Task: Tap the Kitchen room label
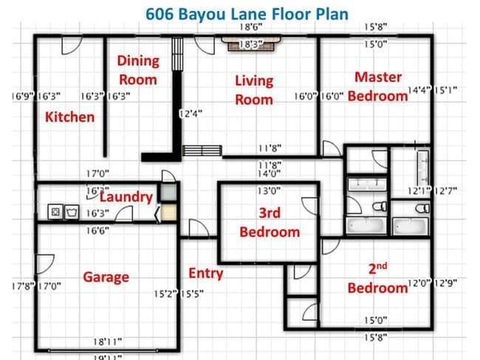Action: click(x=69, y=117)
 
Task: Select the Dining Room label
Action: click(x=138, y=70)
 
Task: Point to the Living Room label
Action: click(x=254, y=90)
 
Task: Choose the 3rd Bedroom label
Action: click(x=270, y=222)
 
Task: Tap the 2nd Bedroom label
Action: click(x=377, y=278)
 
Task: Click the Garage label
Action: click(x=106, y=277)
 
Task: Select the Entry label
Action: click(x=205, y=274)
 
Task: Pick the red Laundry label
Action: click(x=126, y=197)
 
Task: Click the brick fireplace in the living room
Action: click(x=253, y=45)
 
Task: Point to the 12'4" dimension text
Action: click(x=191, y=114)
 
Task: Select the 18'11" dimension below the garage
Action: click(x=108, y=342)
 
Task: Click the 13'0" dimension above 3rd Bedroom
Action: click(x=269, y=190)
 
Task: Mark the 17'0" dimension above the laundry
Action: click(x=97, y=174)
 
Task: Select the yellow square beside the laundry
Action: click(x=169, y=213)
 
